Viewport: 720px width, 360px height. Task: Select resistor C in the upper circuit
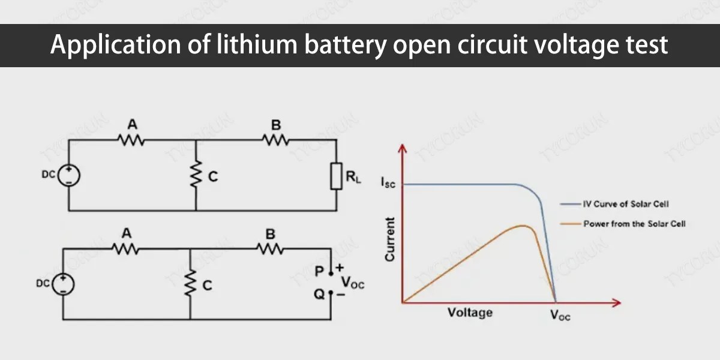pyautogui.click(x=196, y=175)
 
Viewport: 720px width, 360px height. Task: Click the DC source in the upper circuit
pyautogui.click(x=69, y=175)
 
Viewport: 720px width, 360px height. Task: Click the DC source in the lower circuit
pyautogui.click(x=63, y=283)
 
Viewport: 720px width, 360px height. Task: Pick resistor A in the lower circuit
pyautogui.click(x=126, y=248)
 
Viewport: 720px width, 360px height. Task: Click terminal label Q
pyautogui.click(x=319, y=294)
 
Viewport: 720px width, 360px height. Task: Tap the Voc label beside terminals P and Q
pyautogui.click(x=353, y=283)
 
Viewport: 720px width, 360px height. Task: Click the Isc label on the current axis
pyautogui.click(x=388, y=183)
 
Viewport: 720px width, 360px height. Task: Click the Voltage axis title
pyautogui.click(x=470, y=313)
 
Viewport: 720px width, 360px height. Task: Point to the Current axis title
pyautogui.click(x=390, y=239)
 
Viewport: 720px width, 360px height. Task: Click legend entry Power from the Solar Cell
pyautogui.click(x=634, y=223)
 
